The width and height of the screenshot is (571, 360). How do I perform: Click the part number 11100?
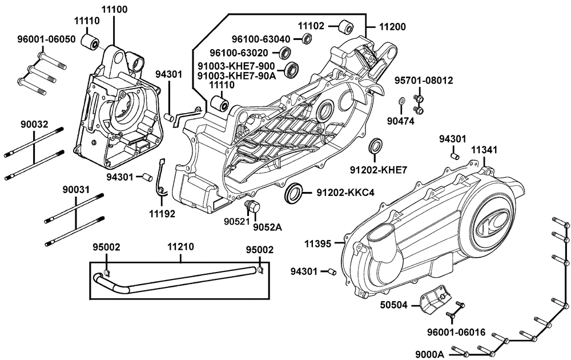click(114, 10)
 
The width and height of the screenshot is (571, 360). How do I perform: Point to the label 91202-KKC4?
click(345, 193)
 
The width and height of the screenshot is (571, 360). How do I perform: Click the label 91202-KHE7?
click(378, 169)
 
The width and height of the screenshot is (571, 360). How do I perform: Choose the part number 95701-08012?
click(424, 81)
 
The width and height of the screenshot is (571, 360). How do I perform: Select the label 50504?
click(394, 305)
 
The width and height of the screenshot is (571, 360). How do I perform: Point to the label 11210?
click(180, 249)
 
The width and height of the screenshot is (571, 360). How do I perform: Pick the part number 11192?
click(163, 214)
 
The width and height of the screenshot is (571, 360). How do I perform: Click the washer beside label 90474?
click(402, 101)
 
